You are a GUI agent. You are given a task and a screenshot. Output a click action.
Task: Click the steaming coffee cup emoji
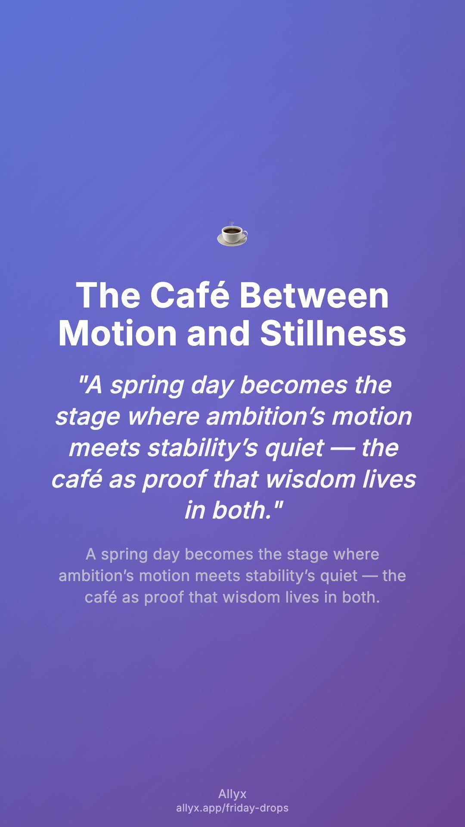(232, 234)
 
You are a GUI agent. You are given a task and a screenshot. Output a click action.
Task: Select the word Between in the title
(314, 295)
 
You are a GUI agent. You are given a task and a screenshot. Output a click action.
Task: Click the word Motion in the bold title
(118, 333)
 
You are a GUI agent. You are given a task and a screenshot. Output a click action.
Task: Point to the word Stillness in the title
(333, 333)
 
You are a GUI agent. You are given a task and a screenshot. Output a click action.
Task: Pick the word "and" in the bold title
(218, 333)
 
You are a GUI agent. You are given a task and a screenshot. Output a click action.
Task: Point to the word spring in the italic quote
(147, 386)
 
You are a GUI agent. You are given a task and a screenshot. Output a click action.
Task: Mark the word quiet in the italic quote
(294, 448)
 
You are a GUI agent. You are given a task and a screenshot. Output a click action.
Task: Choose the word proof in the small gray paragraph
(164, 597)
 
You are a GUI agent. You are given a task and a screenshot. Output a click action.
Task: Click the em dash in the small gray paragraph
(370, 576)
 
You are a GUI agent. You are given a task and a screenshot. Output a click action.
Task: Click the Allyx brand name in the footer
(232, 794)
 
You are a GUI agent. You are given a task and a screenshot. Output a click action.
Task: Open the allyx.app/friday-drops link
(232, 808)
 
